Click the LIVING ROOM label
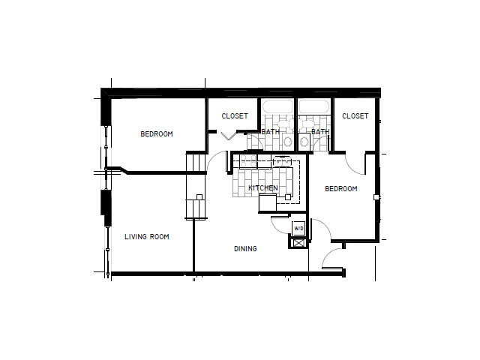click(146, 237)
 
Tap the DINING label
click(245, 249)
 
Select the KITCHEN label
click(263, 188)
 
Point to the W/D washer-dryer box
click(298, 228)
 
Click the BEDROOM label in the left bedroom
click(157, 134)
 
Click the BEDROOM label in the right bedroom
click(340, 189)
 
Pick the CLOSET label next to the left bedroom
click(235, 116)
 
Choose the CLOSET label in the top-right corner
click(355, 116)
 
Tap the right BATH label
click(320, 132)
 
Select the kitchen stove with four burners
click(282, 160)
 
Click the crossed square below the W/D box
click(298, 242)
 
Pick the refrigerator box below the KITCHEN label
click(268, 202)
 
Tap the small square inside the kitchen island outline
click(288, 197)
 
